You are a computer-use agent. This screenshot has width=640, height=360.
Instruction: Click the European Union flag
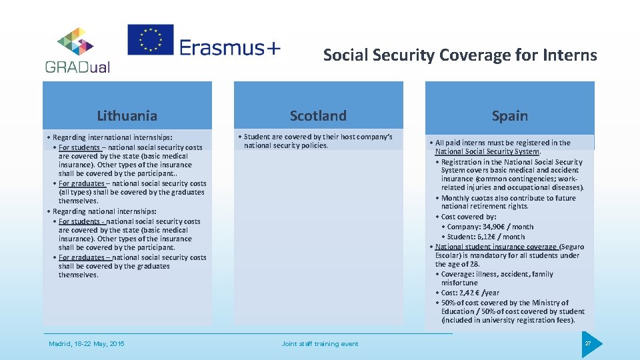tap(151, 40)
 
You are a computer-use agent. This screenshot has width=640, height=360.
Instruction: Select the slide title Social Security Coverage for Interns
tap(460, 55)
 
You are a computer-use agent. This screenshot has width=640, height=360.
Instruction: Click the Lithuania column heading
tap(127, 116)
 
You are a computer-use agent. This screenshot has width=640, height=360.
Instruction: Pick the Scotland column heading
tap(318, 116)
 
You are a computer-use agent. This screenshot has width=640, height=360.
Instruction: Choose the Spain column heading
tap(509, 116)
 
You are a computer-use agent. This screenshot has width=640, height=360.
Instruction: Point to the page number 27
tap(588, 343)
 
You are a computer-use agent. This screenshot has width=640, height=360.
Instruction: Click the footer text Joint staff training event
tap(319, 344)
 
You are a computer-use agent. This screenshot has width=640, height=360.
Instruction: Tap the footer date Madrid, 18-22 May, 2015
tap(86, 344)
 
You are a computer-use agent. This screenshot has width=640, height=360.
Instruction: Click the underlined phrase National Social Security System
tap(487, 151)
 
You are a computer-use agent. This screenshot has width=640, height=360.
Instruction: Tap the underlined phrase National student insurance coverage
tap(496, 247)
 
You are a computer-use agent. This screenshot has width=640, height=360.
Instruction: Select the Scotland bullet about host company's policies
tap(317, 141)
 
